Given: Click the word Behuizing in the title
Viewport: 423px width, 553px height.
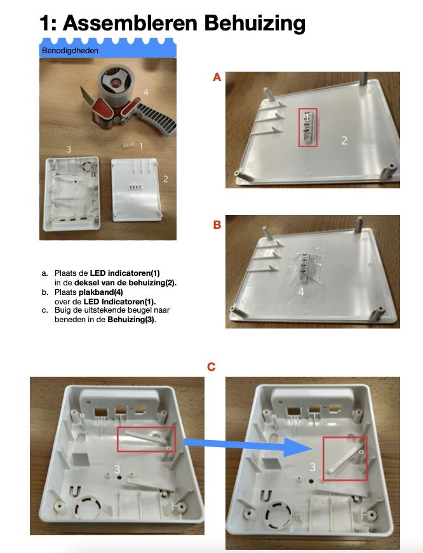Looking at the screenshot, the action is [255, 23].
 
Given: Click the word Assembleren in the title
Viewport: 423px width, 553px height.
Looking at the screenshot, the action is [130, 23].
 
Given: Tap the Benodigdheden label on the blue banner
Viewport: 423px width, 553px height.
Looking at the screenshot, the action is [70, 51].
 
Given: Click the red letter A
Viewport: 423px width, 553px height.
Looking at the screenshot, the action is [217, 77].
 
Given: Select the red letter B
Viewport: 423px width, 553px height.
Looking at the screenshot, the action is [217, 224].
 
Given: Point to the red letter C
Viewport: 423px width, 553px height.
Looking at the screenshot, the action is [211, 367].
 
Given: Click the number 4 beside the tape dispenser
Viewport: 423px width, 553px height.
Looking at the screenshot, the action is [146, 92].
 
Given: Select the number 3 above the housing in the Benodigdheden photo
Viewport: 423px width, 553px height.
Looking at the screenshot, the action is [69, 150].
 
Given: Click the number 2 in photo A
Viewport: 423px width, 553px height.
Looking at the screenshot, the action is [345, 140].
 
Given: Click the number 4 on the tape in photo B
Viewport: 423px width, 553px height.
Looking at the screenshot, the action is [301, 292].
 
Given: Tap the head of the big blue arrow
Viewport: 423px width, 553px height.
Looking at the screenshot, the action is [298, 448].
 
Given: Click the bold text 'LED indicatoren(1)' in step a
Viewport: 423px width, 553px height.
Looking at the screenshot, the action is [124, 273].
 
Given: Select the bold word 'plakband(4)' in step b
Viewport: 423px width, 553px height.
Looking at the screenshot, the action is [100, 292].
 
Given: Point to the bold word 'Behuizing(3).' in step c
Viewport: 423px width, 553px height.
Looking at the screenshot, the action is [131, 320].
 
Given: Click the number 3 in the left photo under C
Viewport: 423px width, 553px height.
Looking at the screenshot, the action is [117, 469].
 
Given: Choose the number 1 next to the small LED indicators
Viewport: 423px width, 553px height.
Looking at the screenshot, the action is [141, 146].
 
